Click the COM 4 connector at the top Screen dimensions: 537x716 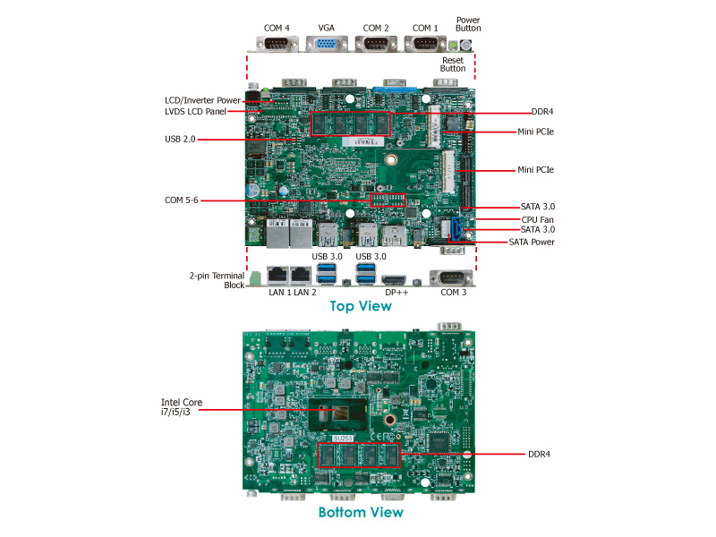point(277,46)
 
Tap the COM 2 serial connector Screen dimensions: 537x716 point(376,46)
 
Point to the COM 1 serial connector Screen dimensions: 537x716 point(425,46)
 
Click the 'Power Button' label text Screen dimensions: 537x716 point(468,23)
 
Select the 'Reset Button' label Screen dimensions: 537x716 point(453,64)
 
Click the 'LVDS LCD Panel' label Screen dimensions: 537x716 point(195,112)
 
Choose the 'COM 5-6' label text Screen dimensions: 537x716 point(183,200)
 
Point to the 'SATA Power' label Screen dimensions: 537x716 point(532,242)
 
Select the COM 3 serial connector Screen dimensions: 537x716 point(453,277)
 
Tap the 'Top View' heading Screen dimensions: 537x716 point(361,306)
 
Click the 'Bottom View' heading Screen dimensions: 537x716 point(361,513)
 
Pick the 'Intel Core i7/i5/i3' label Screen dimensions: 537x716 point(175,407)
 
